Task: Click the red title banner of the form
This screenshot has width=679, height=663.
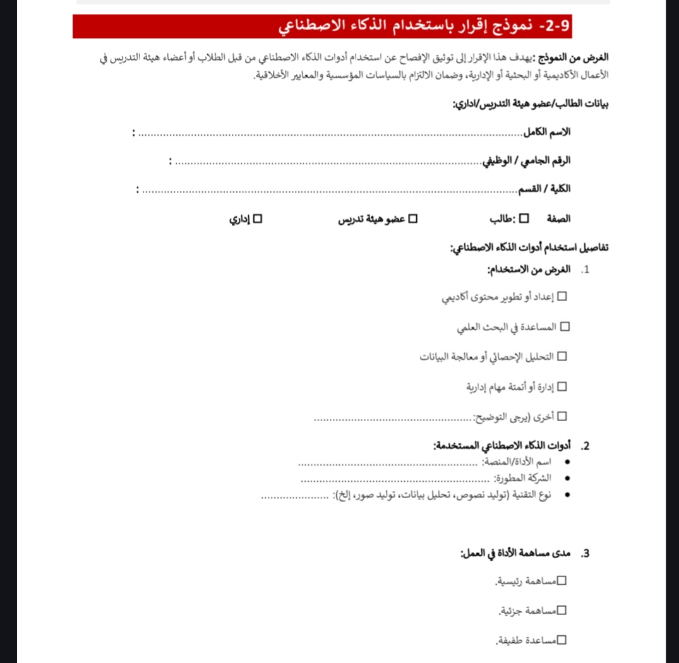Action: [322, 27]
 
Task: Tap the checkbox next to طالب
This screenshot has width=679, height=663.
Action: [524, 219]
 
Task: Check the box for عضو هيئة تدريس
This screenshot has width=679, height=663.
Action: [413, 219]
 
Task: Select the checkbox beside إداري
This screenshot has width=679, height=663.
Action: [257, 219]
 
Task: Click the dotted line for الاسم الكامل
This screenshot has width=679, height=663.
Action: [328, 134]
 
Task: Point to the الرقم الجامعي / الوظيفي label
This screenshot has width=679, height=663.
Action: [526, 161]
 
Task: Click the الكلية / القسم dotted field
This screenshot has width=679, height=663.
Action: [328, 190]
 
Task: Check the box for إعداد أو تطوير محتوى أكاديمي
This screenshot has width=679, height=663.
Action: [562, 296]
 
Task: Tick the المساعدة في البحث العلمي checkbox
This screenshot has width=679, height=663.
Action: [565, 326]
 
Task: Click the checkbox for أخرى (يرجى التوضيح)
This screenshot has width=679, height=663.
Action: [562, 417]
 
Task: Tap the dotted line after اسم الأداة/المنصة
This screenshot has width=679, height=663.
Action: [388, 463]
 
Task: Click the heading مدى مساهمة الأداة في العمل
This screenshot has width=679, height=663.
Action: [515, 554]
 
